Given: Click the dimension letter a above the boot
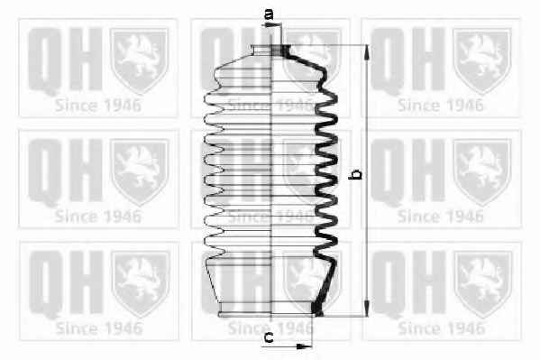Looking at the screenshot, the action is point(269,14).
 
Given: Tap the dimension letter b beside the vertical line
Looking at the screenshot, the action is point(355,174).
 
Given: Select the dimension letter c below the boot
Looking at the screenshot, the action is point(269,337).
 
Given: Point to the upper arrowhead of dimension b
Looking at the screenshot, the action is point(367,52).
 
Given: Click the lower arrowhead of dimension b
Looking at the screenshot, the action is point(367,308).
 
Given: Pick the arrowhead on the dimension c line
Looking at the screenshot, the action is point(305,346).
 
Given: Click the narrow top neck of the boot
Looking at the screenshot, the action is point(270,50).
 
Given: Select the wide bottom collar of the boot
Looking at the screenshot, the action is point(270,309).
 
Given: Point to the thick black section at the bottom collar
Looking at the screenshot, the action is point(316,309).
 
